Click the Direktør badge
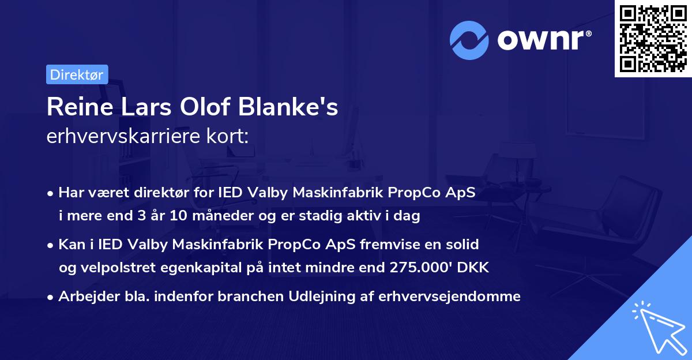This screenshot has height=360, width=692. (x=77, y=74)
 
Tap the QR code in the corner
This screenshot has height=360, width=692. (x=653, y=39)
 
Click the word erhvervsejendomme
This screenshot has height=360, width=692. (x=450, y=297)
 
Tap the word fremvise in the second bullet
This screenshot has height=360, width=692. (x=388, y=244)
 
